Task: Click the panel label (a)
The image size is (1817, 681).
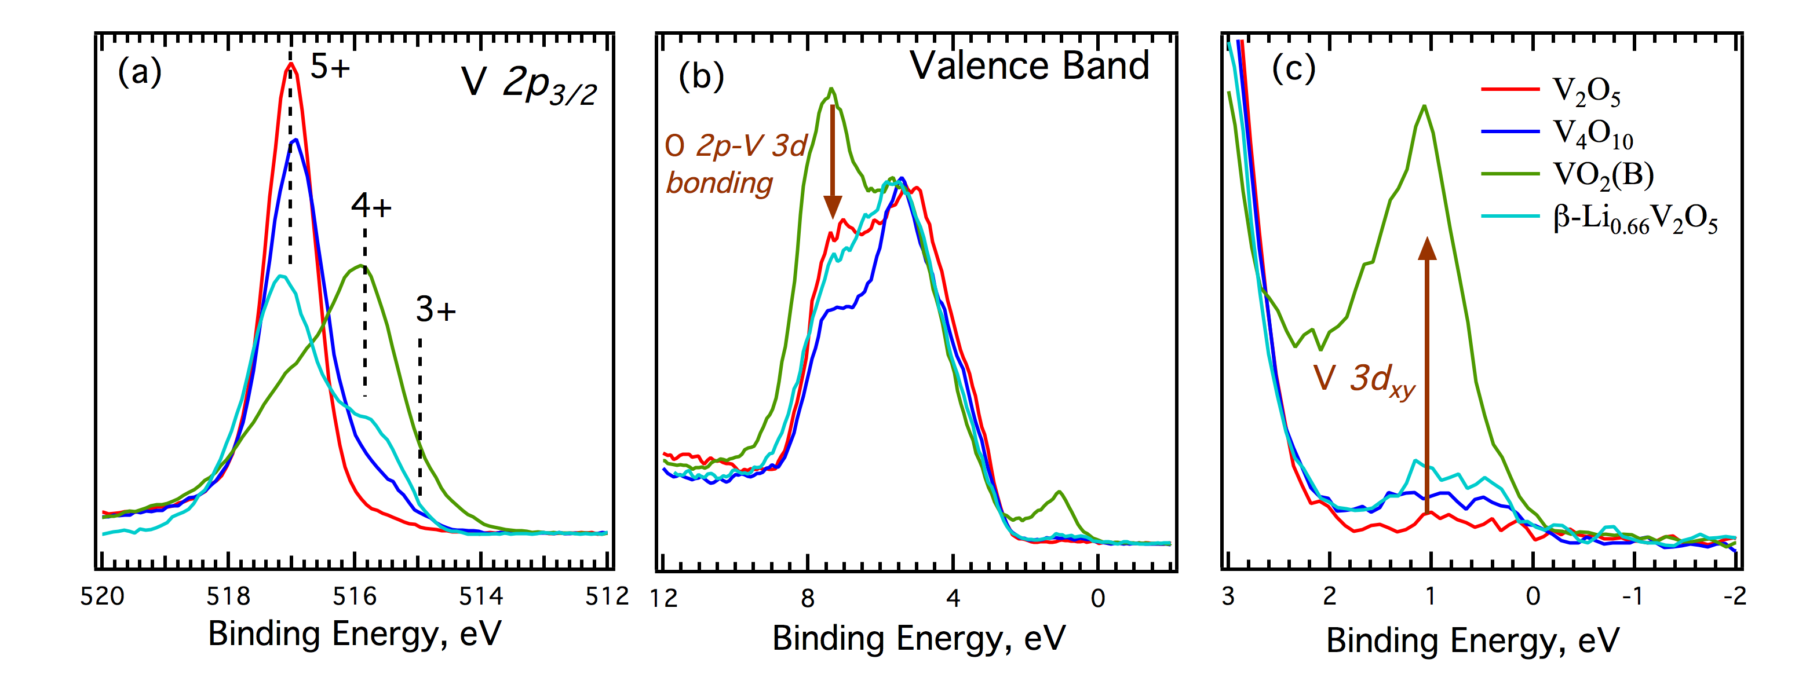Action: coord(140,72)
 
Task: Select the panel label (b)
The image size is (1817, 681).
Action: coord(700,76)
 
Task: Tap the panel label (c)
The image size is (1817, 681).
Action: coord(1293,68)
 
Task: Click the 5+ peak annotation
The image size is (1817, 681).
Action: coord(330,68)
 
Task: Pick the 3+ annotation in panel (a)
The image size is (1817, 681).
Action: coord(435,309)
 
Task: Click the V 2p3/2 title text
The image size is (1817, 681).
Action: coord(529,85)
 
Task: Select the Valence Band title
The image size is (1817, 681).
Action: coord(1029,66)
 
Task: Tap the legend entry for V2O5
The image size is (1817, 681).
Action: coord(1586,91)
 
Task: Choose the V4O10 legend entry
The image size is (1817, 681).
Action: coord(1593,134)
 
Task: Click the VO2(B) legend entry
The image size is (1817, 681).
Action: coord(1603,175)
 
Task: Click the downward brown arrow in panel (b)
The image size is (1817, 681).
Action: coord(833,162)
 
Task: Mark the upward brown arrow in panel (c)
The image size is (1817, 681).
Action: coord(1427,374)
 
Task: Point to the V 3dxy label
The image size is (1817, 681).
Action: coord(1363,380)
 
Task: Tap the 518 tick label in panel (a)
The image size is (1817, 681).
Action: coord(228,597)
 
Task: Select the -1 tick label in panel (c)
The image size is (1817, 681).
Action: coord(1633,597)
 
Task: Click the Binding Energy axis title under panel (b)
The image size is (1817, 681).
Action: coord(918,639)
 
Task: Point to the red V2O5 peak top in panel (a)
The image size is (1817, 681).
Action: coord(290,65)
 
